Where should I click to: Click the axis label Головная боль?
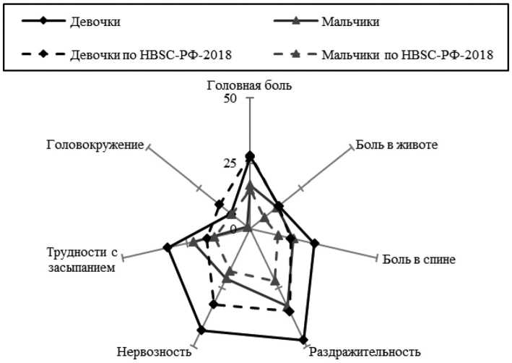tap(249, 85)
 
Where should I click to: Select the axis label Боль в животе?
tap(396, 144)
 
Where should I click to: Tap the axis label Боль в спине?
tap(419, 258)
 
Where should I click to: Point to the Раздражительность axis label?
tap(365, 352)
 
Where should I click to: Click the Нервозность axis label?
tap(154, 352)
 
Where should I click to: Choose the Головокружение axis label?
tap(94, 144)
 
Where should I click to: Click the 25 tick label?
tap(230, 163)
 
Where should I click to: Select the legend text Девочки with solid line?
tap(92, 21)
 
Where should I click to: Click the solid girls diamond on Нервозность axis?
tap(201, 331)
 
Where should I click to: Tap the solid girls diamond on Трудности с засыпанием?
tap(168, 248)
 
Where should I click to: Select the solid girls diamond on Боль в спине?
tap(315, 244)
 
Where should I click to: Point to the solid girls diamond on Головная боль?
tap(250, 156)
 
